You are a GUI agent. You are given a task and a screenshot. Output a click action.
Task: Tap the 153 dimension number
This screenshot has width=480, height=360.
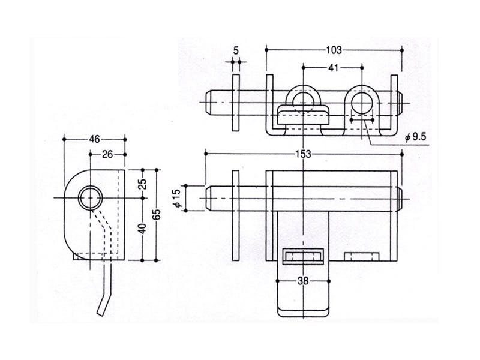[x=304, y=154]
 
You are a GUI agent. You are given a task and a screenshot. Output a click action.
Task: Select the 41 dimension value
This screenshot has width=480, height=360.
[x=333, y=68]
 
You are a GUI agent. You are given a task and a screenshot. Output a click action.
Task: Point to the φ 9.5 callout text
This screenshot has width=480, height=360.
[x=415, y=137]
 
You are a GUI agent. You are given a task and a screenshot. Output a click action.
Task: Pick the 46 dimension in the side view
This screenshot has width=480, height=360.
[x=94, y=139]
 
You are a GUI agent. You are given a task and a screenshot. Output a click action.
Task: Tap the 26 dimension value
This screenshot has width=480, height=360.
[x=107, y=154]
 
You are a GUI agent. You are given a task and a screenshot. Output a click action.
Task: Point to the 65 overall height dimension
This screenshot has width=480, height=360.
[x=157, y=214]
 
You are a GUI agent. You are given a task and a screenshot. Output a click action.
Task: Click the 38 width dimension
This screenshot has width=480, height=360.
[x=304, y=280]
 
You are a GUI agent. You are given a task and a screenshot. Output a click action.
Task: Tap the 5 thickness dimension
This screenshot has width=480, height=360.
[x=236, y=51]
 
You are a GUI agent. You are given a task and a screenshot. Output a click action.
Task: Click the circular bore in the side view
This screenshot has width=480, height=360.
[x=89, y=197]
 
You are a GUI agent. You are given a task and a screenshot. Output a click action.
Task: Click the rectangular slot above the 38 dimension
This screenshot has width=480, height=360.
[x=304, y=257]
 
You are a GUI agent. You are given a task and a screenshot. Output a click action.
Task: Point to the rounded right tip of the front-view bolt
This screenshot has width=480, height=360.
[x=398, y=197]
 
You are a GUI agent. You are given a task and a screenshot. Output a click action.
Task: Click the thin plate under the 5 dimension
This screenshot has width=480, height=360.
[x=236, y=101]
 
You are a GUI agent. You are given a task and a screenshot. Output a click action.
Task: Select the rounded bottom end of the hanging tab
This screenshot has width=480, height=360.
[x=304, y=311]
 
